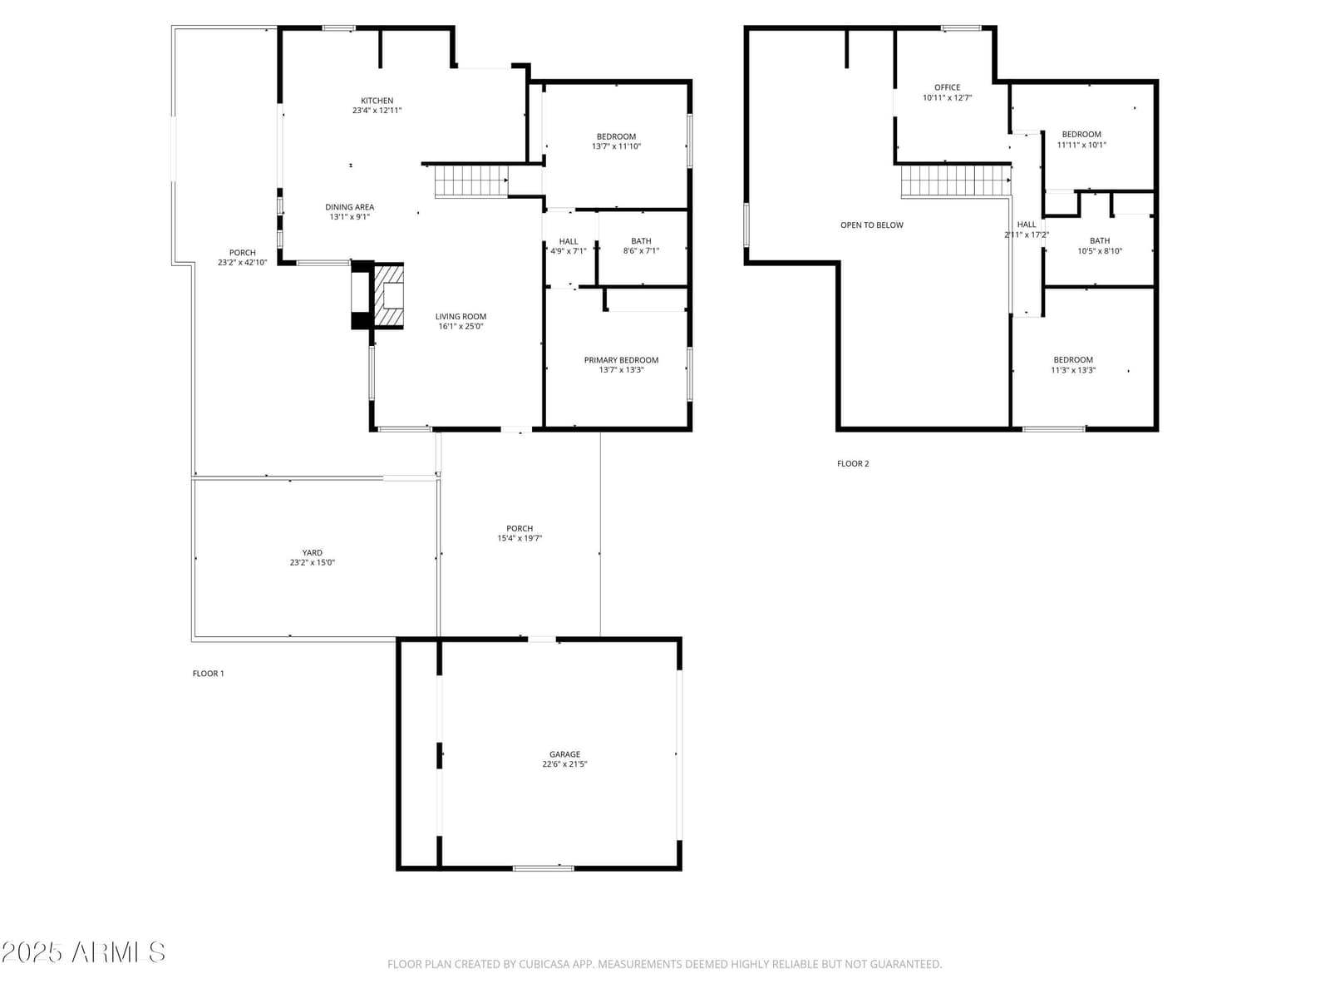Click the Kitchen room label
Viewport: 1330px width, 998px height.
(x=377, y=101)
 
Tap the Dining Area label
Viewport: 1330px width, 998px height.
(x=350, y=207)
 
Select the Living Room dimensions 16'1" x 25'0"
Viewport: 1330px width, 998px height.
(x=461, y=327)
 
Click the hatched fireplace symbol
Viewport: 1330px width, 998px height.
(x=388, y=296)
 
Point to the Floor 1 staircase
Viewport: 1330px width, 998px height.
(x=470, y=181)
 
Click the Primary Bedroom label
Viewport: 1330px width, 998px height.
(x=621, y=360)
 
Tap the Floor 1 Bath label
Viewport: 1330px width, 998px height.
(x=641, y=241)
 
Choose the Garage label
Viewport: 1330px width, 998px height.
(x=564, y=754)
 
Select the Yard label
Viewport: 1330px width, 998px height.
(x=312, y=552)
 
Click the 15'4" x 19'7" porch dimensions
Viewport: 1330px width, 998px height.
(x=520, y=538)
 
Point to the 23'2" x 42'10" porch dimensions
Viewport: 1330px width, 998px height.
(x=243, y=262)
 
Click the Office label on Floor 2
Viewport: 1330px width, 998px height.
(x=947, y=87)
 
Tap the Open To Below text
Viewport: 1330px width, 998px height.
(x=871, y=225)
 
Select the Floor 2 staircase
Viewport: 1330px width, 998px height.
(x=956, y=181)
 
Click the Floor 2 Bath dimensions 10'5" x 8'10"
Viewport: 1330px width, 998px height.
(x=1100, y=251)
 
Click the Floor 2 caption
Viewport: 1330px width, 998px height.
(x=853, y=463)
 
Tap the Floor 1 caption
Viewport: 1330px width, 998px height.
(x=208, y=673)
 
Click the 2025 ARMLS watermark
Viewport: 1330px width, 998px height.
(x=84, y=952)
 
